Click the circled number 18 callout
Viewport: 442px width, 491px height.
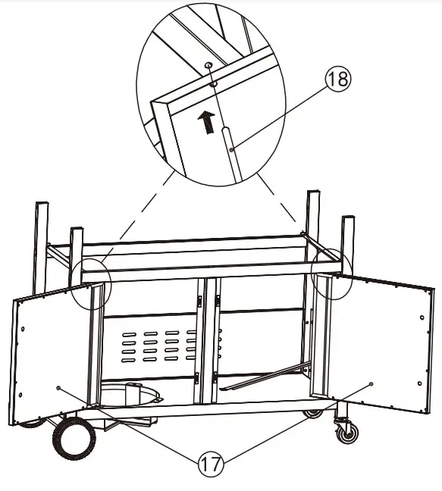[x=338, y=80]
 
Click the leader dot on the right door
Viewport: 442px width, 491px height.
[x=371, y=384]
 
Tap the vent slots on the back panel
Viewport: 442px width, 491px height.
[x=151, y=346]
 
